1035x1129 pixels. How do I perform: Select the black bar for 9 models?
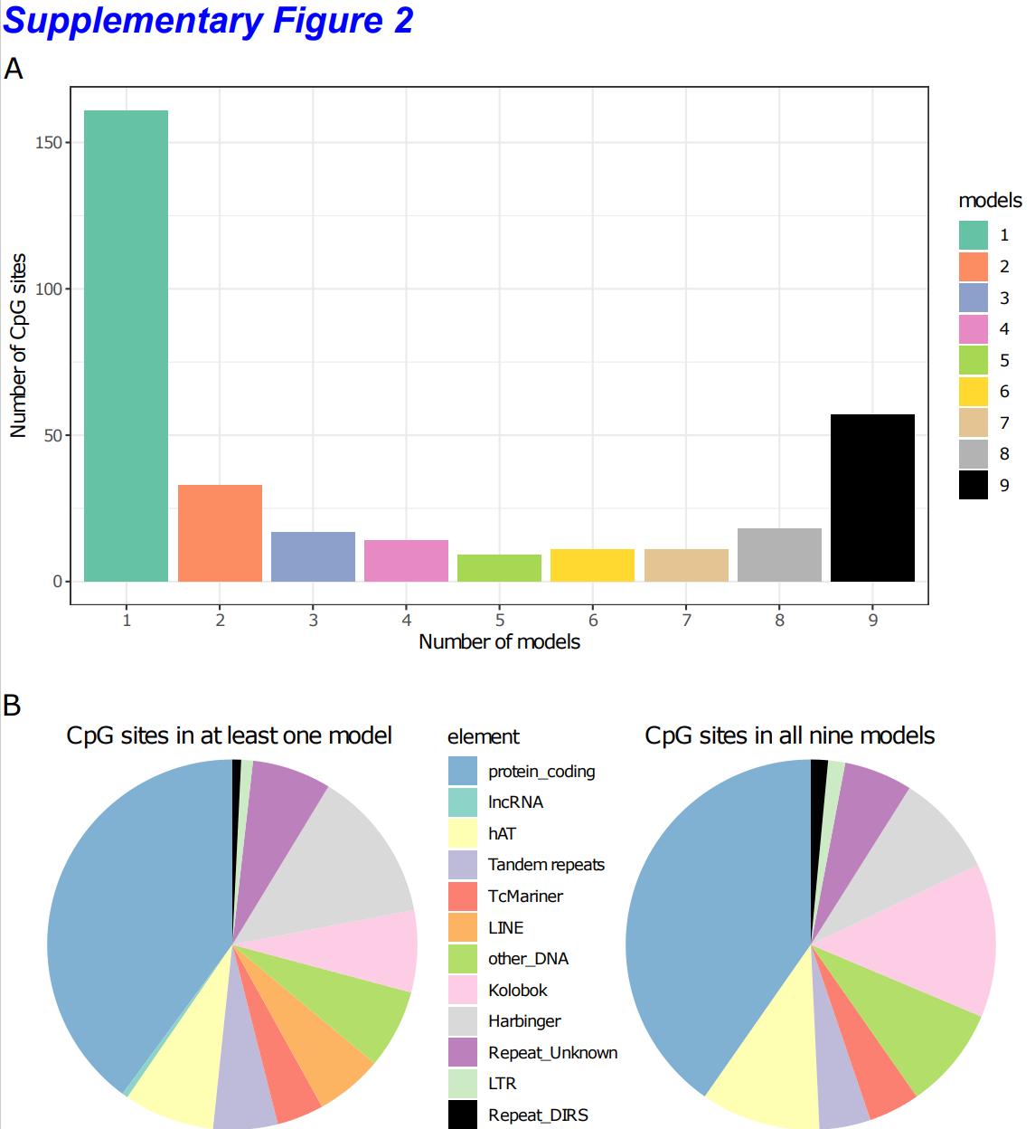[x=872, y=498]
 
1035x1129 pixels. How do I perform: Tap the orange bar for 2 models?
[x=220, y=533]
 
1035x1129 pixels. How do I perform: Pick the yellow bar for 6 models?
[x=592, y=565]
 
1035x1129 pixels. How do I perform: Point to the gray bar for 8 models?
[x=779, y=555]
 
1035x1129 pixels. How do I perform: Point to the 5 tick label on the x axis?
[x=500, y=621]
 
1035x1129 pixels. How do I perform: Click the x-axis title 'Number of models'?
[x=499, y=642]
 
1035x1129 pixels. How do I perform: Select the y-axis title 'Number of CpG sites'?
[x=18, y=346]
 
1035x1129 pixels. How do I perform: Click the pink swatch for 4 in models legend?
[x=974, y=329]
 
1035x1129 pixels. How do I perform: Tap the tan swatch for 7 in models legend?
[x=974, y=423]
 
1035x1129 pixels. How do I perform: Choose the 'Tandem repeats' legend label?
[x=546, y=865]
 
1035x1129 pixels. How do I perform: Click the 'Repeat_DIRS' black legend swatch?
[x=463, y=1115]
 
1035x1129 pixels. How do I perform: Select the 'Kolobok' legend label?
[x=518, y=991]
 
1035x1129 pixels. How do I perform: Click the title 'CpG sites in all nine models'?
[x=789, y=735]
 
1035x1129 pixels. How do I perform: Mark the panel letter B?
[x=13, y=705]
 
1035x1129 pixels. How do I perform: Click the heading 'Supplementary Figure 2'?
[x=208, y=21]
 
